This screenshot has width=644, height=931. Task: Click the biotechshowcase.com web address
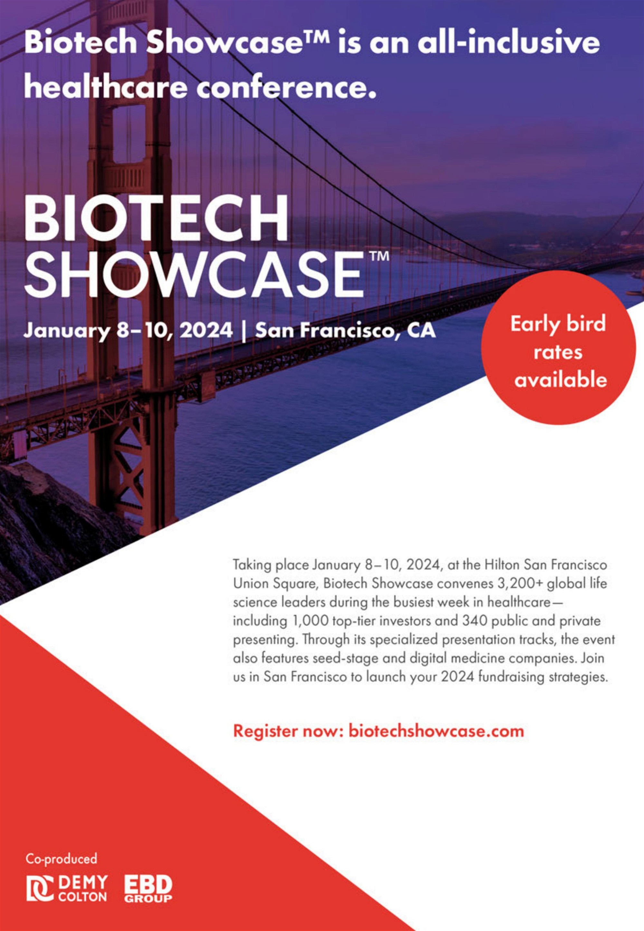pos(436,731)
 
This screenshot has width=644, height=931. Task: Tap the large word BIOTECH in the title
pos(156,218)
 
